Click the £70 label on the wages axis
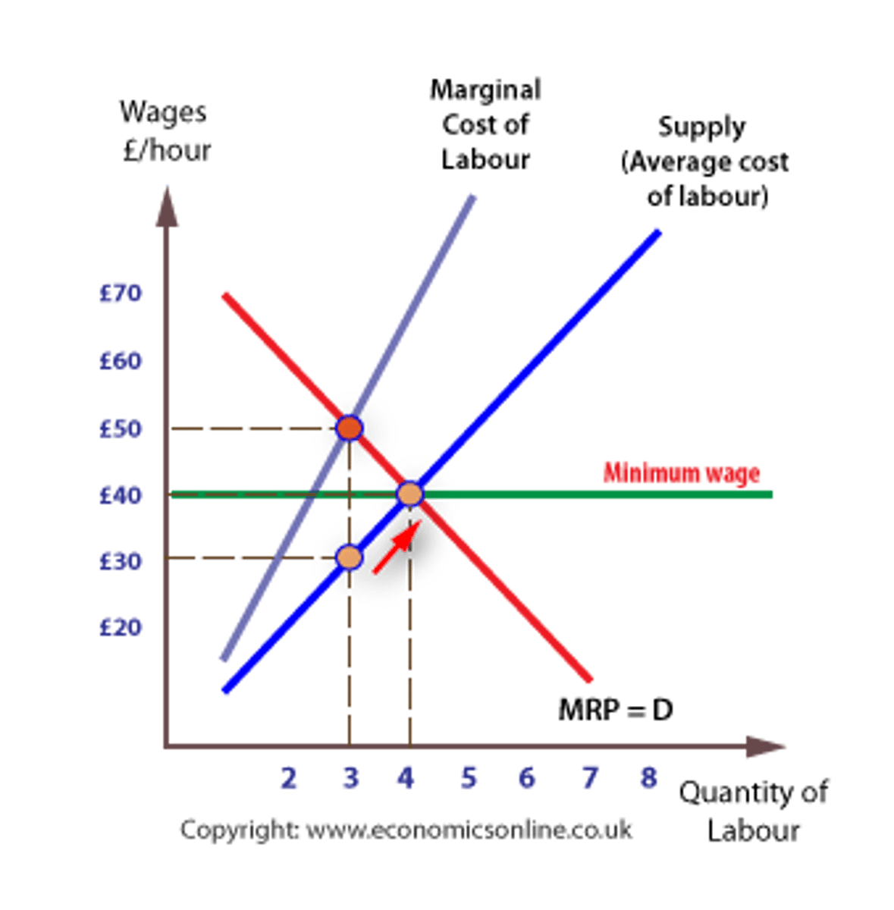point(121,293)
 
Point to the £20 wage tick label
point(121,626)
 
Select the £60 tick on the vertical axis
point(121,360)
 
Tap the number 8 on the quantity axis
point(648,778)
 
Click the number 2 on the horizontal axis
point(288,778)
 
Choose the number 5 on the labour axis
point(469,778)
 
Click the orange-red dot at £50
point(349,428)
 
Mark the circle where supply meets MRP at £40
point(409,494)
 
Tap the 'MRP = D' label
point(615,711)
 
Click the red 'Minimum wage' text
point(681,473)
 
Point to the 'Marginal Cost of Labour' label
point(485,125)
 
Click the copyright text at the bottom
point(406,829)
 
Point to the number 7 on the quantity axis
point(589,778)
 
